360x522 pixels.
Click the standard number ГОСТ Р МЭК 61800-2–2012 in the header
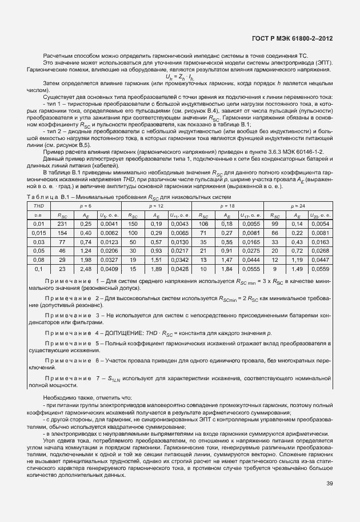293,38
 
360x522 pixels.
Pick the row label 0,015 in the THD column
39,233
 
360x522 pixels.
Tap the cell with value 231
63,224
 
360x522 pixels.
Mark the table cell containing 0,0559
319,269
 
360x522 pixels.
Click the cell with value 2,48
86,269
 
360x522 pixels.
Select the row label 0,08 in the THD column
39,260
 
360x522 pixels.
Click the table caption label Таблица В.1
49,197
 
